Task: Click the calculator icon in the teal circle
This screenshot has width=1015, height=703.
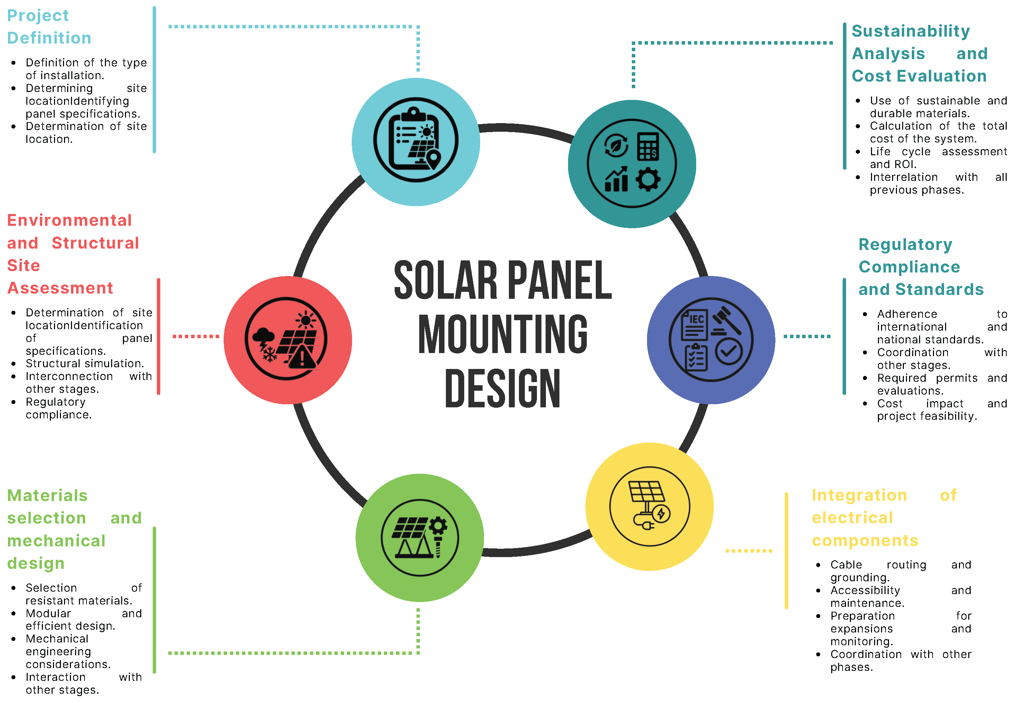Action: point(648,146)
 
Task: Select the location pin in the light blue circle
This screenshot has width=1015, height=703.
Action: point(433,159)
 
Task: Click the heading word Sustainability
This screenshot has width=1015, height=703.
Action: point(910,31)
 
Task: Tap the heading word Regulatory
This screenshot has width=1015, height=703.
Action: point(905,244)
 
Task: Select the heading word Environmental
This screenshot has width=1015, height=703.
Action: point(70,220)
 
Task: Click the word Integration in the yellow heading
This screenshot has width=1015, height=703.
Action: point(859,495)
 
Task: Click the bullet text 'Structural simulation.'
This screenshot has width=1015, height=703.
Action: point(85,364)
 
